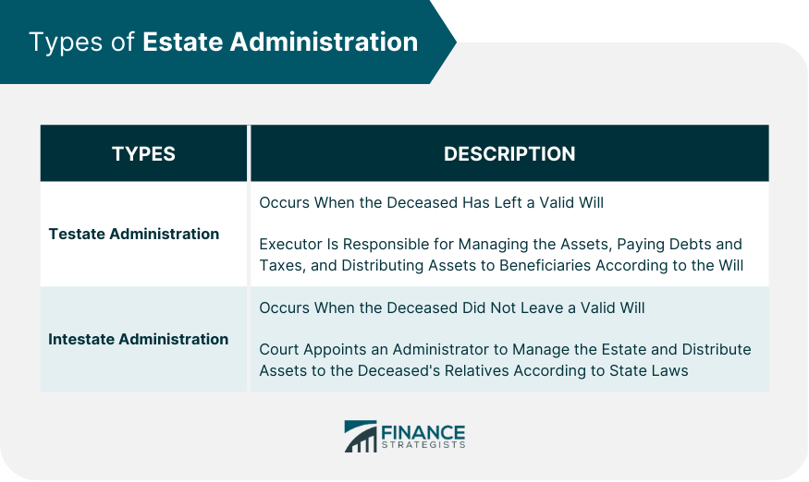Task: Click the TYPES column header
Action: pyautogui.click(x=143, y=153)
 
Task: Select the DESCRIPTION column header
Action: pyautogui.click(x=509, y=153)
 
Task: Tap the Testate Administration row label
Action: pyautogui.click(x=134, y=234)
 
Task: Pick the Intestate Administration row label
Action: pyautogui.click(x=139, y=339)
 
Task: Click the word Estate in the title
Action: pyautogui.click(x=183, y=42)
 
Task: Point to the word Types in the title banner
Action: pyautogui.click(x=66, y=42)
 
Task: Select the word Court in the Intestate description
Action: pyautogui.click(x=279, y=350)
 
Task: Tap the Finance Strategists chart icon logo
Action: pyautogui.click(x=361, y=437)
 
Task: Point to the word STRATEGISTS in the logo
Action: pyautogui.click(x=423, y=445)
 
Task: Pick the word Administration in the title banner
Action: pyautogui.click(x=324, y=42)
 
